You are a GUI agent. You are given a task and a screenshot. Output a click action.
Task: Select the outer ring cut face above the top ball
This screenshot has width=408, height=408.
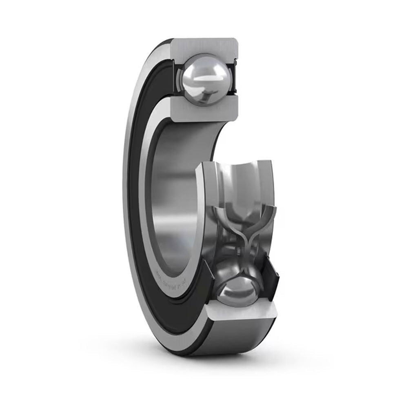point(204,47)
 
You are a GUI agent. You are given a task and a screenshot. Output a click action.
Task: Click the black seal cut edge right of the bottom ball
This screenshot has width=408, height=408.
point(271,282)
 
